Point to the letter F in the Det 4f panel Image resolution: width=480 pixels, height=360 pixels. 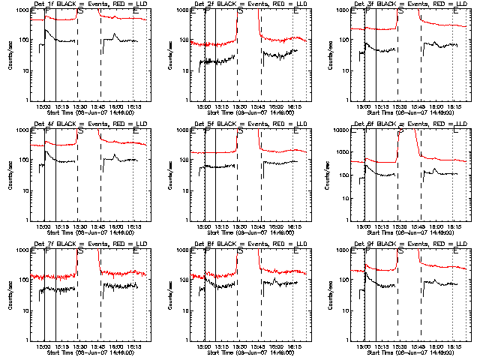[47, 131]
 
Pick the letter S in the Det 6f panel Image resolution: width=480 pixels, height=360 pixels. [400, 131]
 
